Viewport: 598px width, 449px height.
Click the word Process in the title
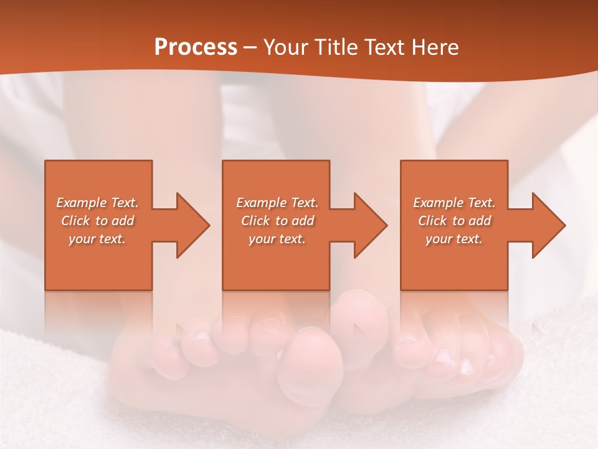click(196, 47)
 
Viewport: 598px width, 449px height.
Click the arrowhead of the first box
click(192, 225)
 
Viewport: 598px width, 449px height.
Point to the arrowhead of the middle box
click(370, 225)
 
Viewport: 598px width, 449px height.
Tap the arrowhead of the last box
click(548, 225)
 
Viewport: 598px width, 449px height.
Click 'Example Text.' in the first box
click(97, 203)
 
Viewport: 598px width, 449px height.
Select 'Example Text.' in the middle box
click(277, 203)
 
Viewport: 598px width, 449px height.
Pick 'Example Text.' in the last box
click(454, 203)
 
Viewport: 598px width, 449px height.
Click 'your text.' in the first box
click(97, 239)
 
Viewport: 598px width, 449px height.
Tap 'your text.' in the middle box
click(277, 239)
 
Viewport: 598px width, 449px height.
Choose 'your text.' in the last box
click(454, 239)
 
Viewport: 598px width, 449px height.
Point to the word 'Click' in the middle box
click(255, 221)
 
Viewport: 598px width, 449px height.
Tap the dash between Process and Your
click(250, 48)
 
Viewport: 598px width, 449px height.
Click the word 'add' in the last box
click(479, 221)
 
